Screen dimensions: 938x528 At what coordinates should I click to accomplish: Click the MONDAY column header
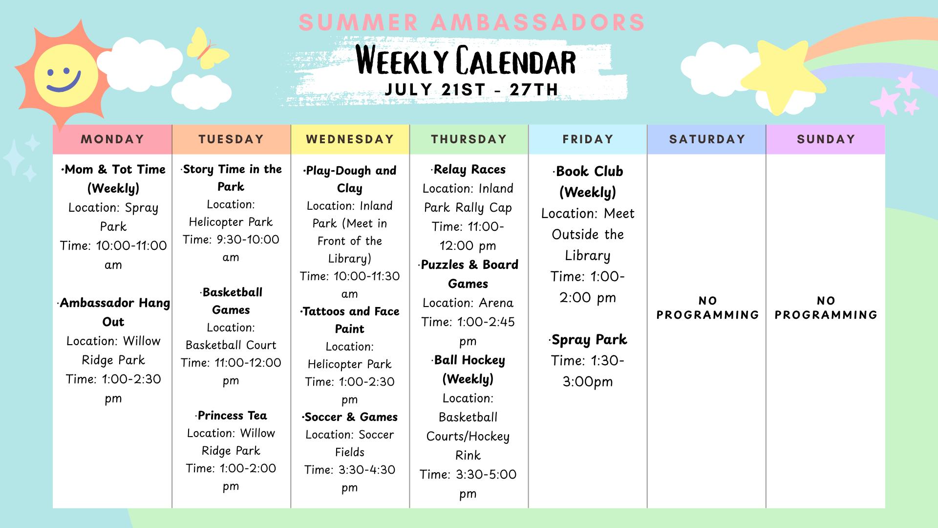point(112,139)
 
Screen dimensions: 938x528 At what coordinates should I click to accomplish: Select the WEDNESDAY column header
point(350,139)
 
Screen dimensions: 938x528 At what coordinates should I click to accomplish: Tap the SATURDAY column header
point(707,139)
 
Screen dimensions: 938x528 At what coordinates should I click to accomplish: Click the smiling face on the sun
point(64,76)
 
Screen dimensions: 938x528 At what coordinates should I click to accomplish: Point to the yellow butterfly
point(200,48)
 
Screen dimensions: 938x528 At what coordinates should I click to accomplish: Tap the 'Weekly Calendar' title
point(466,61)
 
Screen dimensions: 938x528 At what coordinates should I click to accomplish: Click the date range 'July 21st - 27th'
point(471,89)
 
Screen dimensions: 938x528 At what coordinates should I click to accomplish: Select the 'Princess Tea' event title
point(232,416)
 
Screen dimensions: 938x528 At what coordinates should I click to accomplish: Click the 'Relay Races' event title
point(469,170)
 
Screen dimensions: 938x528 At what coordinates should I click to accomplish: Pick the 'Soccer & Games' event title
point(350,417)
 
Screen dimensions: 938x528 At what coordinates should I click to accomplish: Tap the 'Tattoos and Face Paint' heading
point(350,320)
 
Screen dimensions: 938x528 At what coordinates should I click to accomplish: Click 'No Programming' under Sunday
point(826,308)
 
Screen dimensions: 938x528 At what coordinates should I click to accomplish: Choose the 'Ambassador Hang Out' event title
point(114,312)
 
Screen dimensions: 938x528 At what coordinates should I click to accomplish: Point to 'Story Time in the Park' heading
point(231,177)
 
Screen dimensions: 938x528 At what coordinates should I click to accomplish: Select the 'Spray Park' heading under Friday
point(588,340)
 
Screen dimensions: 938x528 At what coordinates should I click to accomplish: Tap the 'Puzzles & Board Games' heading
point(468,274)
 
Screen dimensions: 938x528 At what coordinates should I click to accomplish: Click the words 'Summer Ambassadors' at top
point(471,22)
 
